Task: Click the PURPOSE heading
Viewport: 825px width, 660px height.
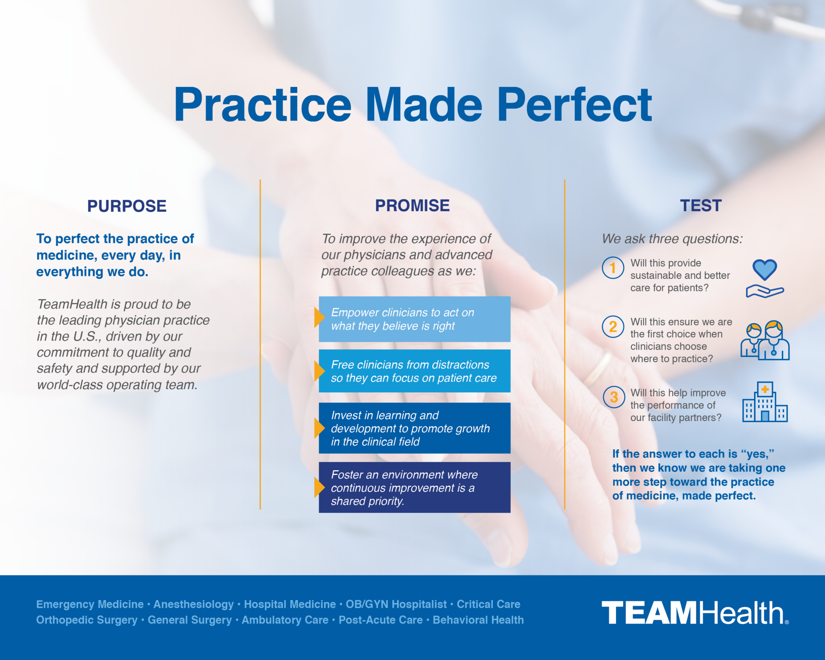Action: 127,206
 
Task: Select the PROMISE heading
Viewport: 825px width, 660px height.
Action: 412,205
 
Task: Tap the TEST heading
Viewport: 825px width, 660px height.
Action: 701,205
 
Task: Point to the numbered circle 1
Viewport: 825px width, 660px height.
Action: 613,268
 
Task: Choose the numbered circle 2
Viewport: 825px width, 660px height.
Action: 613,327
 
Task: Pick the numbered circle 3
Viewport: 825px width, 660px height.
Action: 614,397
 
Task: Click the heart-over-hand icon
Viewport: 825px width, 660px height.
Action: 765,278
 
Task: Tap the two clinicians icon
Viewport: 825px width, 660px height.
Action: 765,340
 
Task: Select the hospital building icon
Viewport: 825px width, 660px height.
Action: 765,402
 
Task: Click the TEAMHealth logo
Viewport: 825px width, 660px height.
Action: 695,612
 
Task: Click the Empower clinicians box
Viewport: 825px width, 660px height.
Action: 415,319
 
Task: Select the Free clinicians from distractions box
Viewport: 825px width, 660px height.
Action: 415,371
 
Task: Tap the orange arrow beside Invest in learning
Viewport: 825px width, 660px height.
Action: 319,428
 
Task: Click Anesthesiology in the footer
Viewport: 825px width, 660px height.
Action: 194,604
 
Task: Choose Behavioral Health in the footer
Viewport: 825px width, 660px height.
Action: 478,620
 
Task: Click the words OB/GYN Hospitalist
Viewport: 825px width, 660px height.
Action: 396,604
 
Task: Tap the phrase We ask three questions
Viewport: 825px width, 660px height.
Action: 672,239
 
